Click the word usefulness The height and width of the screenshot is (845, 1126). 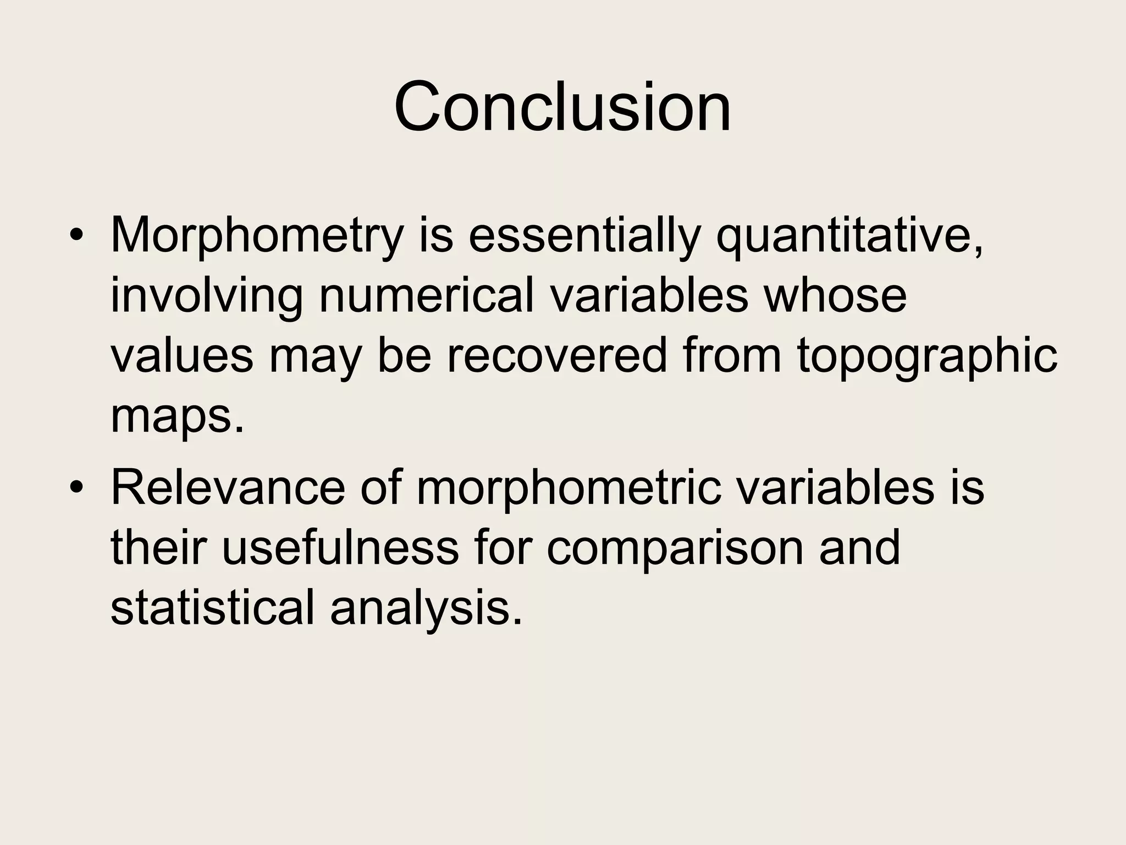340,548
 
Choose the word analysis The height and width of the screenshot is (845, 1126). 426,610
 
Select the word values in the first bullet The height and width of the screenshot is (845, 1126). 182,356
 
